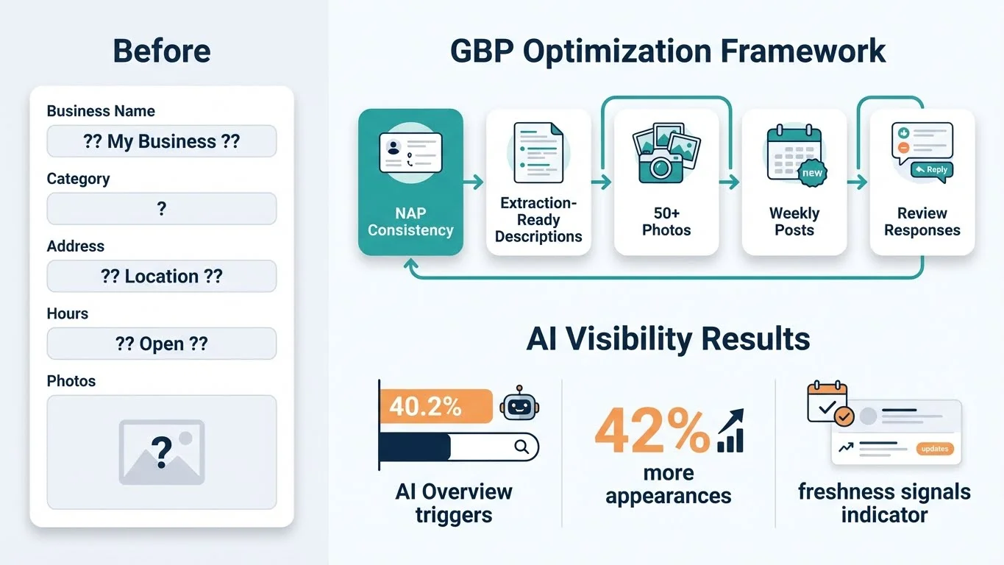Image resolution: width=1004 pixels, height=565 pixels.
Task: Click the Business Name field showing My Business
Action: [x=162, y=141]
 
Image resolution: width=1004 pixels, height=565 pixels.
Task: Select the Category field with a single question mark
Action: [x=162, y=209]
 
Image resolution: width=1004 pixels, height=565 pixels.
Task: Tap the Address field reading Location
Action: [x=162, y=277]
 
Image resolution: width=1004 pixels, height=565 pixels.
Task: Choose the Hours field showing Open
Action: [x=162, y=344]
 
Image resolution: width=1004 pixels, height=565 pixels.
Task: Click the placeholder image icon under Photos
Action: [x=162, y=452]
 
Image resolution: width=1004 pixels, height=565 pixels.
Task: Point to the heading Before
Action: [x=162, y=51]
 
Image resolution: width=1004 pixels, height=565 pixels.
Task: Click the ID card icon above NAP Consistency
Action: [x=410, y=153]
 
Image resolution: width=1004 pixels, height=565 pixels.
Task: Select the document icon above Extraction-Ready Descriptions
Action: [x=538, y=153]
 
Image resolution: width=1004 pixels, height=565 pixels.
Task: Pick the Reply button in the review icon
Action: [x=932, y=170]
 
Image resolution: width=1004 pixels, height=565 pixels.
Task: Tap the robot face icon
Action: [x=519, y=405]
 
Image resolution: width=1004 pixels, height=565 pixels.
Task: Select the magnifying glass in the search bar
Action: [x=521, y=446]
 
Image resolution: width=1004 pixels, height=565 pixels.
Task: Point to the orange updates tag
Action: [x=935, y=449]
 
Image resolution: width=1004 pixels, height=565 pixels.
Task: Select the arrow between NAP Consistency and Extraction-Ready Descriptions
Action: [x=474, y=182]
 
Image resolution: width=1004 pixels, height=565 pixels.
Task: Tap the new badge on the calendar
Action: [x=812, y=174]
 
